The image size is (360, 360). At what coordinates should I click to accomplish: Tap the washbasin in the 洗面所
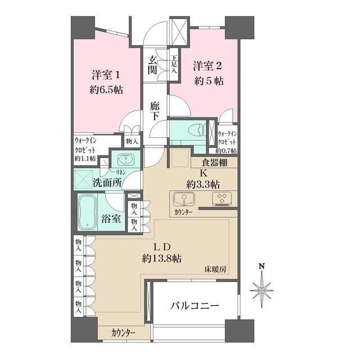[x=125, y=159]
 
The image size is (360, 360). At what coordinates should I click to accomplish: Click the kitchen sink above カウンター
[x=184, y=199]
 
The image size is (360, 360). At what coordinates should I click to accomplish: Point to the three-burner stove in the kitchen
[x=222, y=198]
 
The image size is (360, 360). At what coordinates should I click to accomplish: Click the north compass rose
[x=262, y=290]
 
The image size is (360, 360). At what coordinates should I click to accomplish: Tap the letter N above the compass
[x=262, y=266]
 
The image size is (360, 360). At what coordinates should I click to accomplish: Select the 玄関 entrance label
[x=152, y=65]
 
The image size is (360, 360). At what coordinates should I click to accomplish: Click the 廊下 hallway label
[x=155, y=111]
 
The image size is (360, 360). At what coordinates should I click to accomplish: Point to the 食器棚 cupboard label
[x=214, y=163]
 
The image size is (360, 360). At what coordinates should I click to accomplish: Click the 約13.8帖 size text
[x=162, y=259]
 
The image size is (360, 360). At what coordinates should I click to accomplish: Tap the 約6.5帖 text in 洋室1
[x=106, y=90]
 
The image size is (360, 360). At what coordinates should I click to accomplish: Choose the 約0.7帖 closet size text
[x=226, y=151]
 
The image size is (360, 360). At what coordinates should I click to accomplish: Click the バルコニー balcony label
[x=195, y=306]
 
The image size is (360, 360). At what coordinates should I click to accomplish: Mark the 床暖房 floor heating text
[x=215, y=269]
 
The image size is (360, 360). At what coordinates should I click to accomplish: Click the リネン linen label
[x=120, y=172]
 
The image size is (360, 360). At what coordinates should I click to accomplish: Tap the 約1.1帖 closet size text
[x=85, y=159]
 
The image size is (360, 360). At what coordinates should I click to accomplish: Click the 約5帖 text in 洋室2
[x=209, y=81]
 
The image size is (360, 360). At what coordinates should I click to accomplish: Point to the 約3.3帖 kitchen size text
[x=202, y=184]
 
